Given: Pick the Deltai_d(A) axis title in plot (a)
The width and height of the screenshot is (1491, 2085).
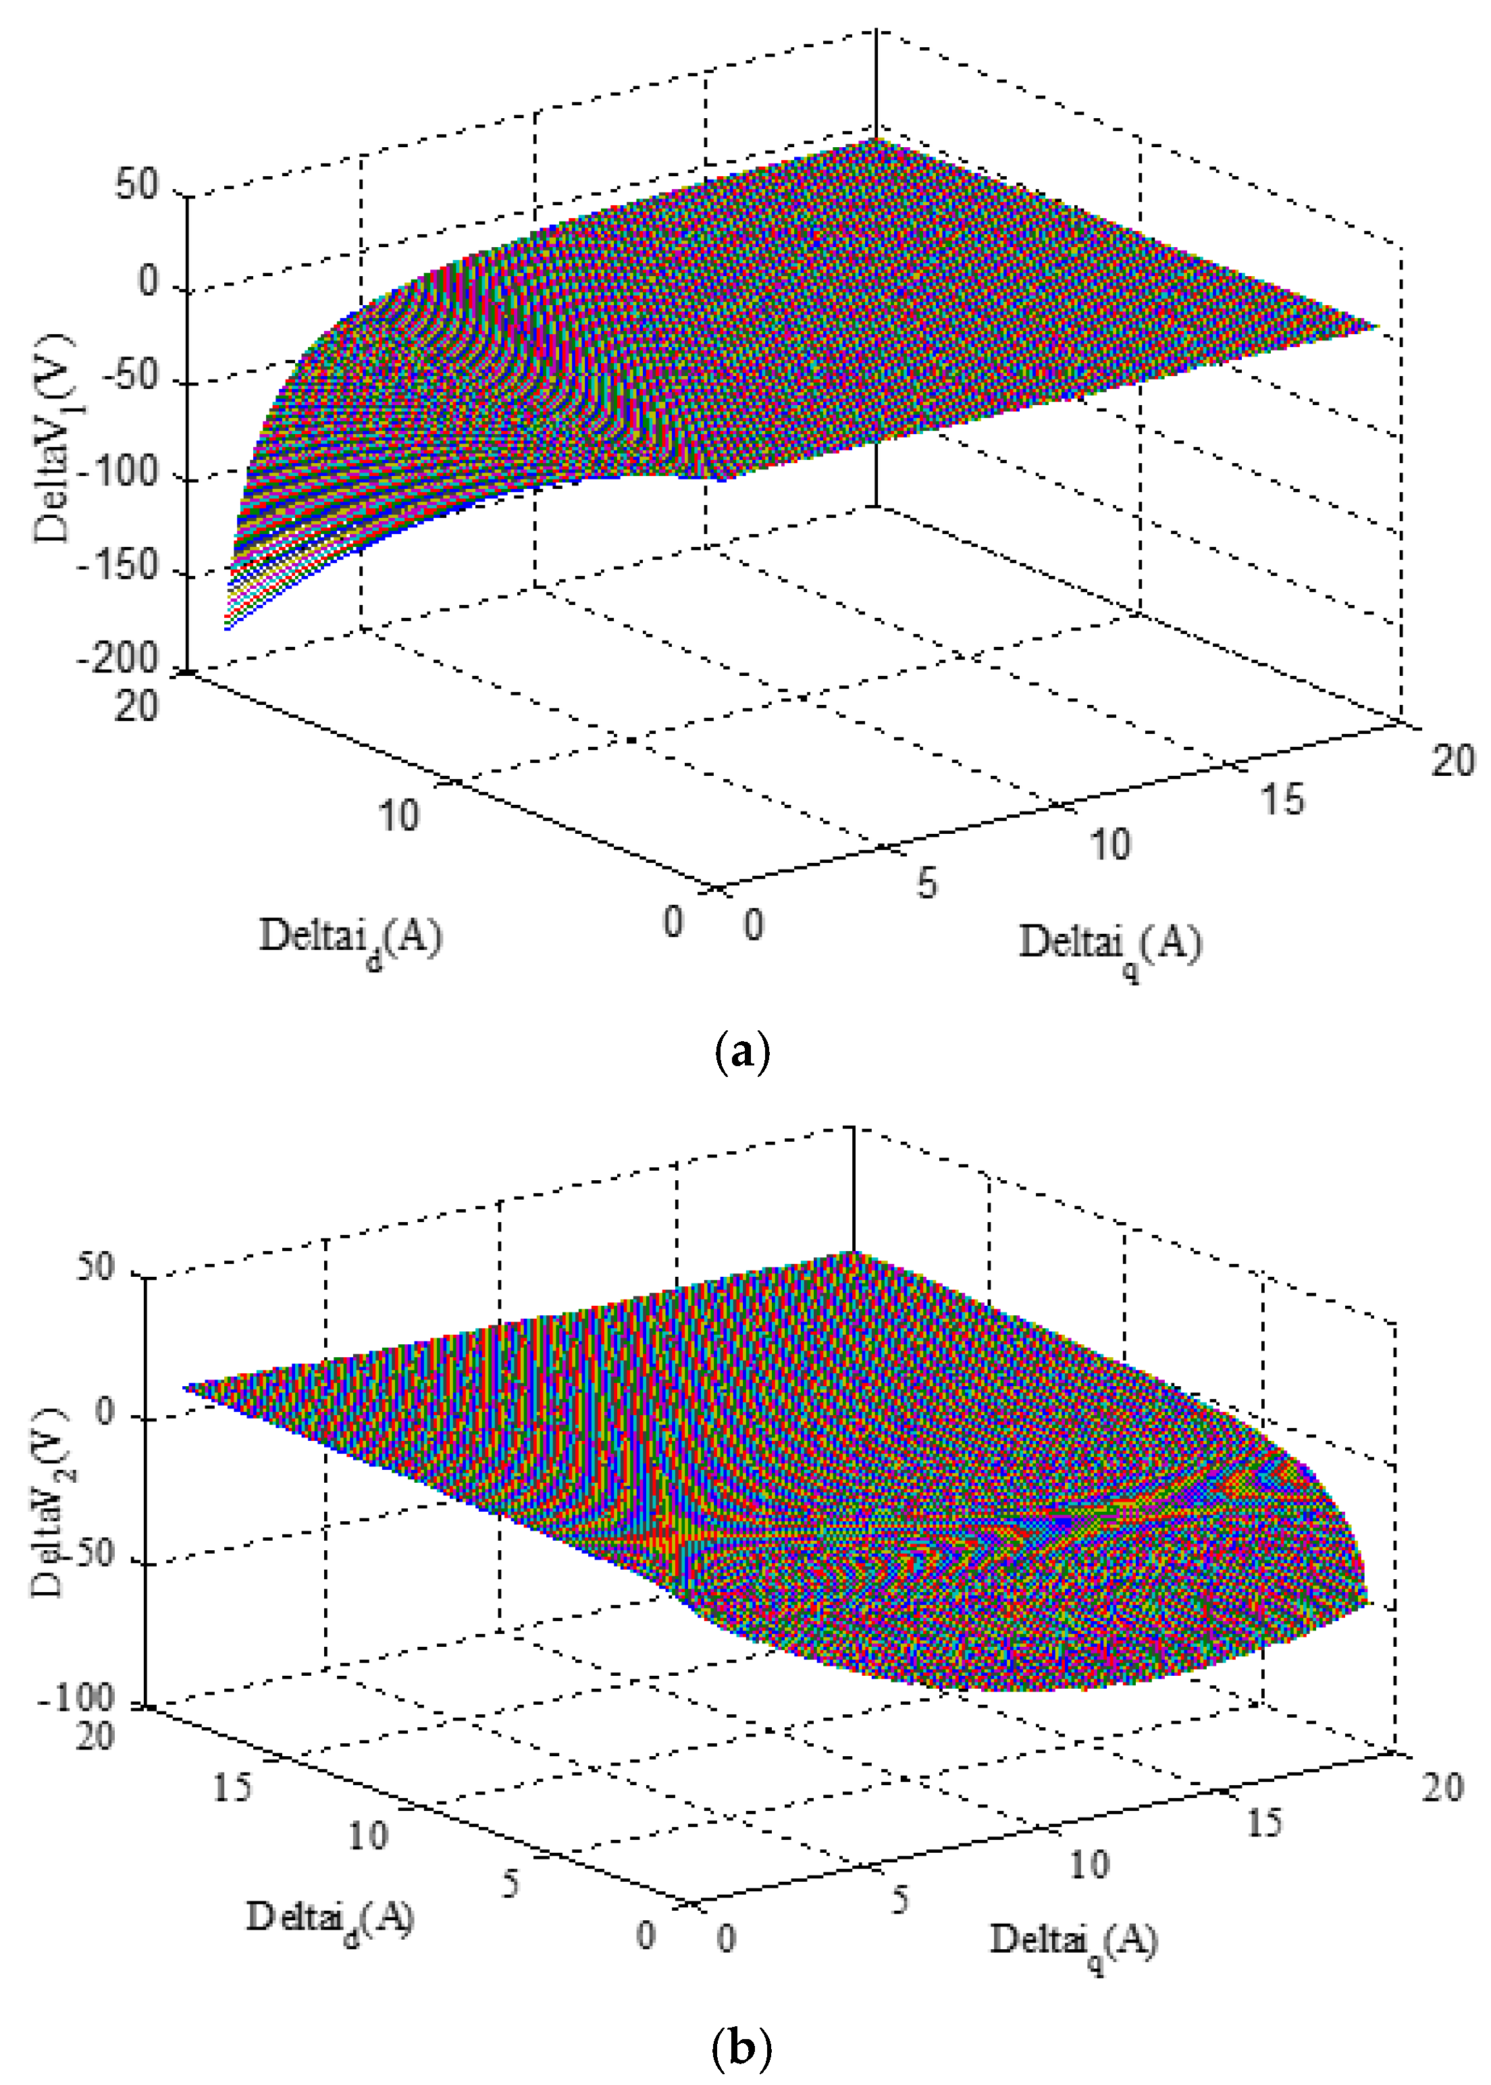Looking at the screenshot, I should coord(350,937).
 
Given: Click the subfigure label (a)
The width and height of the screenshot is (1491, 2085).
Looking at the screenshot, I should coord(741,1051).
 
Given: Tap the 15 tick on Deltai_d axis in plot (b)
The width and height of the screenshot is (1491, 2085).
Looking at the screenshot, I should coord(232,1787).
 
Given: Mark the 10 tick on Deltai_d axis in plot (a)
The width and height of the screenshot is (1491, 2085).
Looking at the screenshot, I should coord(398,814).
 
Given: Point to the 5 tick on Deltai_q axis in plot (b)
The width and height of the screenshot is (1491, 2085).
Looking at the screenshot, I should coord(899,1899).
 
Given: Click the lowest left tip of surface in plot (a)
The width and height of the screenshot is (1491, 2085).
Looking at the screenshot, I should coord(226,628).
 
